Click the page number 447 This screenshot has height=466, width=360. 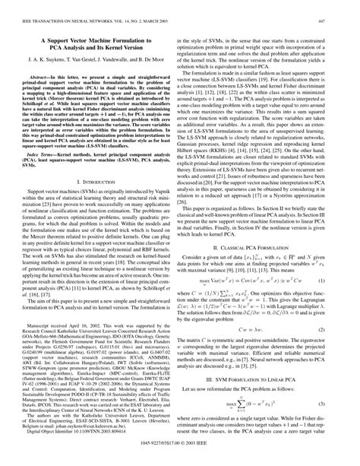(x=346, y=6)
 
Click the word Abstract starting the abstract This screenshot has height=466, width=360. (x=39, y=78)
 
